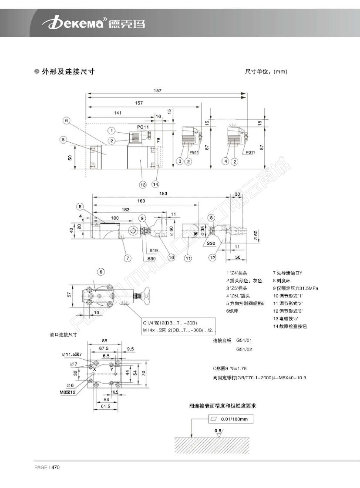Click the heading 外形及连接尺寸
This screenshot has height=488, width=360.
click(68, 72)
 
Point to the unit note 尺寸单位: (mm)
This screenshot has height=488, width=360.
click(266, 72)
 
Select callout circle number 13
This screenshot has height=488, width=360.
click(142, 184)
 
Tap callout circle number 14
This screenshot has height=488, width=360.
click(156, 184)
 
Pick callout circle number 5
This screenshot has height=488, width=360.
click(64, 140)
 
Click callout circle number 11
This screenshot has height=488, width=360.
click(188, 258)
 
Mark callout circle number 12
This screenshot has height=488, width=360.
click(212, 257)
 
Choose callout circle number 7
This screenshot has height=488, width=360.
click(128, 258)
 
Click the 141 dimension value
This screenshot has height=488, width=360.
click(118, 113)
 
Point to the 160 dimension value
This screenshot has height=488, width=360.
click(141, 201)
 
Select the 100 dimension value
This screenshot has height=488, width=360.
click(115, 217)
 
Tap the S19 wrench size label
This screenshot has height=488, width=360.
click(153, 251)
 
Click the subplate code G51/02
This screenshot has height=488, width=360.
click(244, 349)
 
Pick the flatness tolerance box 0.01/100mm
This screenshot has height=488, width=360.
click(230, 419)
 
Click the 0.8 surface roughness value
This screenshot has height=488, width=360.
click(218, 431)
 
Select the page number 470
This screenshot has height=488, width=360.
click(55, 468)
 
